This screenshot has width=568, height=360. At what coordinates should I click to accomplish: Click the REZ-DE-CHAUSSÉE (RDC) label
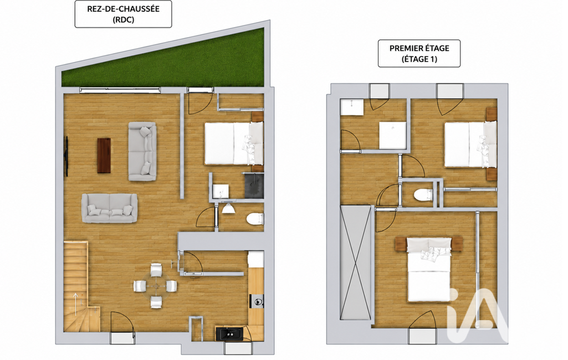tap(123, 14)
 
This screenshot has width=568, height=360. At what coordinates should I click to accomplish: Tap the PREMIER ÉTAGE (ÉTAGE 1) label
tap(419, 54)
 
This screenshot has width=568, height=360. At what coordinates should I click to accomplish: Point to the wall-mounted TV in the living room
tap(66, 156)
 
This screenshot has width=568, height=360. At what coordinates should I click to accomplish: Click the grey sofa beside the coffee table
tap(142, 151)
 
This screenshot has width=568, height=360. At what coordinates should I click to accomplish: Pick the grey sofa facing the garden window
tap(109, 208)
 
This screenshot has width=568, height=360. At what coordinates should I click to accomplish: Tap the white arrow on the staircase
tap(75, 304)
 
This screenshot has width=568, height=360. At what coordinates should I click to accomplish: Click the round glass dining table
tap(156, 286)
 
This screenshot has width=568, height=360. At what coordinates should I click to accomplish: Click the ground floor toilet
tap(255, 219)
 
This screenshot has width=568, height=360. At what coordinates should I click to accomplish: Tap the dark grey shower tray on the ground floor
tap(254, 186)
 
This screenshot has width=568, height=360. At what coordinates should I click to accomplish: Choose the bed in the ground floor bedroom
tap(234, 143)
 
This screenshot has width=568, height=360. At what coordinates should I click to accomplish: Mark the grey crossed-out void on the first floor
tap(356, 263)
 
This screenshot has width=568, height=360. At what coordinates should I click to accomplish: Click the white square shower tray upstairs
tap(393, 135)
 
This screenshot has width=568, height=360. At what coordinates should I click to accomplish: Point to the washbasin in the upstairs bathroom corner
tap(351, 107)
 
